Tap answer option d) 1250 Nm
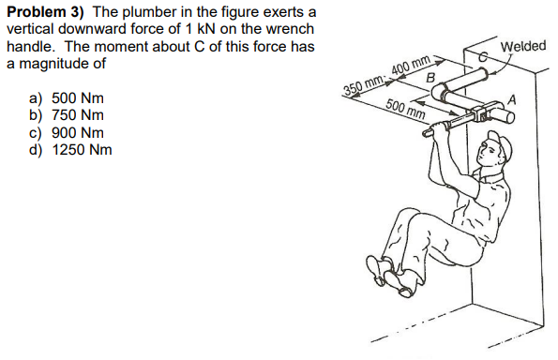coord(71,149)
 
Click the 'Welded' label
coord(523,47)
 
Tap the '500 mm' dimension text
coord(405,111)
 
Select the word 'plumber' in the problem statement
coord(151,12)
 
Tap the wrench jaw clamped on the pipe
coord(478,117)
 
